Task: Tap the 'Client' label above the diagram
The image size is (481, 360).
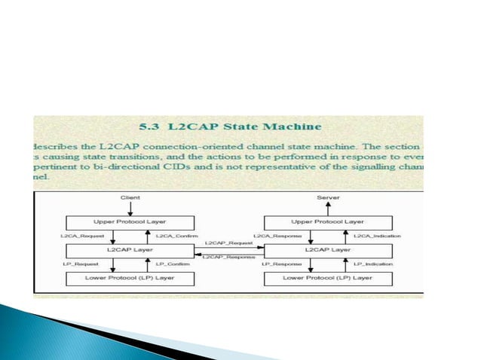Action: (130, 197)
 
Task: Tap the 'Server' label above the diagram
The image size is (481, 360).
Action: (328, 197)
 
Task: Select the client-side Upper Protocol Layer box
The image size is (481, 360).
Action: (130, 222)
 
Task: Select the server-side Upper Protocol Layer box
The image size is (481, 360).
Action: (328, 222)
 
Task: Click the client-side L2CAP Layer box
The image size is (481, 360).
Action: (130, 249)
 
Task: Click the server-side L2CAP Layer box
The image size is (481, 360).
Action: (328, 249)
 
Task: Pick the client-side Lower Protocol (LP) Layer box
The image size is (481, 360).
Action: (130, 278)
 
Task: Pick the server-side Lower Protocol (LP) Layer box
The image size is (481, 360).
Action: (328, 278)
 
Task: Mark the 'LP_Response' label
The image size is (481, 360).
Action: (281, 264)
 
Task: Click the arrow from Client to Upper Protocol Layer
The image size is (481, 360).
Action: (130, 208)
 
